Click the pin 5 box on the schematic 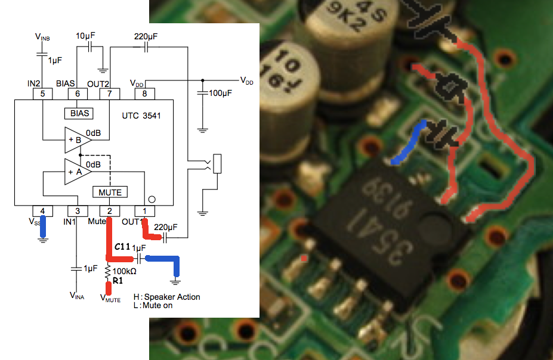[42, 94]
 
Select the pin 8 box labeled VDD [144, 94]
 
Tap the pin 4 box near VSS [42, 211]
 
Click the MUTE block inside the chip [110, 192]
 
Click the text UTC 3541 [141, 116]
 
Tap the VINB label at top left [42, 37]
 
